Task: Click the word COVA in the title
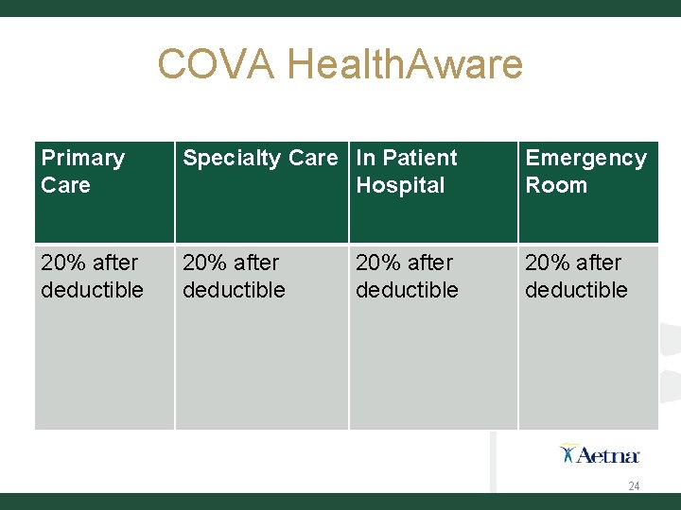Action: [x=217, y=64]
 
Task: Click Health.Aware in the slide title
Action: [x=405, y=64]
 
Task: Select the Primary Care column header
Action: [x=82, y=171]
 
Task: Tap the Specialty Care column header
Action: [x=259, y=158]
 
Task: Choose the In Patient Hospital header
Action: [x=406, y=171]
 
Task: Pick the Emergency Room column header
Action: [x=585, y=171]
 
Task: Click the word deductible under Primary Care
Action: [x=92, y=290]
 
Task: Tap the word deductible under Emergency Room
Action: [x=576, y=290]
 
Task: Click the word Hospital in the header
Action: [x=400, y=185]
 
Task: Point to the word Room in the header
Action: [x=556, y=185]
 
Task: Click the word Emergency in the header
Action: [x=585, y=158]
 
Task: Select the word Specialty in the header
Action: [x=228, y=158]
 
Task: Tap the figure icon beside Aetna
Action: [x=567, y=453]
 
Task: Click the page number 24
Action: [x=634, y=486]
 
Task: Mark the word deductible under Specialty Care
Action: [x=234, y=290]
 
